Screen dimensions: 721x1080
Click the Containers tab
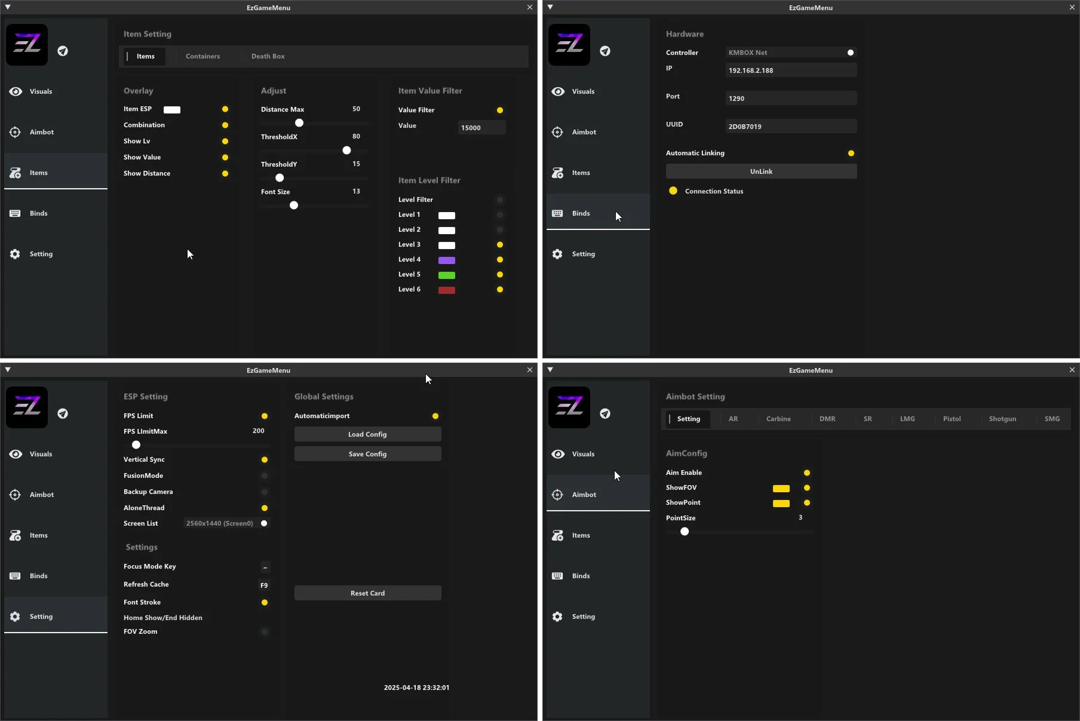[x=202, y=56]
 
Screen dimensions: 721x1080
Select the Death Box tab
[x=268, y=56]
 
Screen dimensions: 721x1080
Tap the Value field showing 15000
[x=481, y=128]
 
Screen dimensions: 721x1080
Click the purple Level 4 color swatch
[x=447, y=260]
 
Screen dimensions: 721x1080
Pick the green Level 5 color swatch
[x=447, y=275]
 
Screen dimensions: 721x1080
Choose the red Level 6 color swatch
[x=447, y=290]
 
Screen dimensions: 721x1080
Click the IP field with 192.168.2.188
[x=791, y=70]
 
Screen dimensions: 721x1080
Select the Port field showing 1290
[x=791, y=99]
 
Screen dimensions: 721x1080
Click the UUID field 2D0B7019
[x=791, y=127]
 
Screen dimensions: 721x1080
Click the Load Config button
[x=367, y=434]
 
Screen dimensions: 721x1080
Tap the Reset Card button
[x=367, y=593]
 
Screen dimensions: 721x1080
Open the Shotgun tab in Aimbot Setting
[x=1002, y=419]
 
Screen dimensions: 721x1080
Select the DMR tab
[x=827, y=419]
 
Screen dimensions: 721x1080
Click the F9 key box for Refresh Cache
[x=264, y=585]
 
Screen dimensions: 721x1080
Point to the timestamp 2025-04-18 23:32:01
[x=416, y=688]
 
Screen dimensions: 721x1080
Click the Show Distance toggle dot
[x=225, y=174]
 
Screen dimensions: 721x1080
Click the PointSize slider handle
[x=685, y=532]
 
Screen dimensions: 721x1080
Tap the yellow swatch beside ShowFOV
[x=781, y=489]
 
